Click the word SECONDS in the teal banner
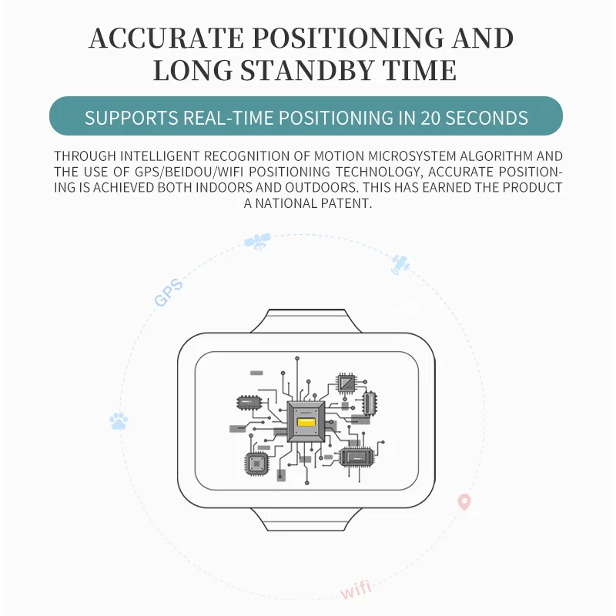pyautogui.click(x=487, y=118)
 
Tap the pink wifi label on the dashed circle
pyautogui.click(x=356, y=591)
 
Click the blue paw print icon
pyautogui.click(x=119, y=420)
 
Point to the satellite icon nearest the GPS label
pyautogui.click(x=256, y=242)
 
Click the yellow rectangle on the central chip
pyautogui.click(x=306, y=423)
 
